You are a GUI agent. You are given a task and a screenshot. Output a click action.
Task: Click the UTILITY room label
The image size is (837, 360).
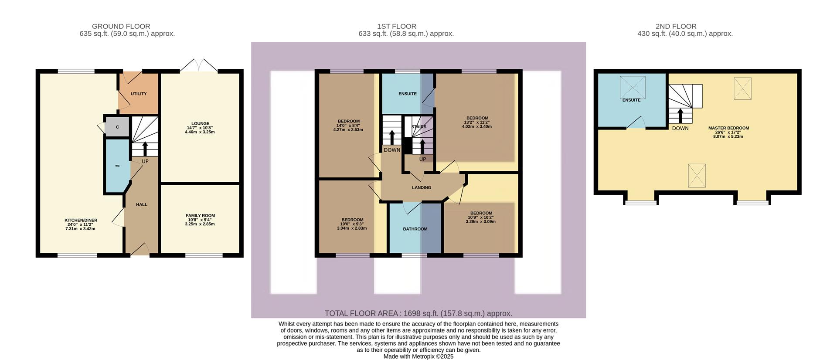(x=139, y=94)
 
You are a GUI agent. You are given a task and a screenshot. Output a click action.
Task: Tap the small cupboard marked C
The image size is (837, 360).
(x=117, y=127)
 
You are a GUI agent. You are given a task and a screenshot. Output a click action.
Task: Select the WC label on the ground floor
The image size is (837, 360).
(x=117, y=166)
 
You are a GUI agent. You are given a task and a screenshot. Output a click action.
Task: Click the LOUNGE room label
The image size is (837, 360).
(x=200, y=123)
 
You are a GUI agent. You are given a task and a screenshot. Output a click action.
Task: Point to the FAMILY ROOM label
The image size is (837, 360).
(x=200, y=215)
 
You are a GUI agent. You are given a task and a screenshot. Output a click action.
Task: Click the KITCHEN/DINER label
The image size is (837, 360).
(x=81, y=220)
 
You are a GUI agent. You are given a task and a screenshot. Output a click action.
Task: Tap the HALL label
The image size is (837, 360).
(x=141, y=204)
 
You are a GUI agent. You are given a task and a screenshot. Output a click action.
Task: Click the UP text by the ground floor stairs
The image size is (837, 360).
(x=145, y=161)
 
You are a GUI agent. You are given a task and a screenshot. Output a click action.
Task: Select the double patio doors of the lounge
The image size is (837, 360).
(x=199, y=66)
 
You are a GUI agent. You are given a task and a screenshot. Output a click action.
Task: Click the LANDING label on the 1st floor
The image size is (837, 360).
(x=421, y=187)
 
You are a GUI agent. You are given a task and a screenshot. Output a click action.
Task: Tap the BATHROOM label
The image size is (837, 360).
(x=415, y=229)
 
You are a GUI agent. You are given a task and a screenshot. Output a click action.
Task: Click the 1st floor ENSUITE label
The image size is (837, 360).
(x=407, y=94)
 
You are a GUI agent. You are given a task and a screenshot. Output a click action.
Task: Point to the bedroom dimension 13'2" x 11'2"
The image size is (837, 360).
(x=477, y=122)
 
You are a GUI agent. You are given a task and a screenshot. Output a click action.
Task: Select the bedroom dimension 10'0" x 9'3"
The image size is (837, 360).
(x=352, y=224)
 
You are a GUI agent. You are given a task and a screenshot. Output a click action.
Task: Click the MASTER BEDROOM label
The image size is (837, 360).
(x=728, y=128)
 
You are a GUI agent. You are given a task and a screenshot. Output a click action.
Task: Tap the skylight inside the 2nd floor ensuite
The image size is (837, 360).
(x=632, y=87)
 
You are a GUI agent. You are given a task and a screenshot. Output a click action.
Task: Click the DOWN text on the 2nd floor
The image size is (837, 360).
(x=680, y=128)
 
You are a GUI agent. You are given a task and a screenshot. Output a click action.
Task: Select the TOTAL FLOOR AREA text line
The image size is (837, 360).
(x=418, y=313)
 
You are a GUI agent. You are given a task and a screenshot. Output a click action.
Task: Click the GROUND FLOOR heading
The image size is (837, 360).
(x=121, y=26)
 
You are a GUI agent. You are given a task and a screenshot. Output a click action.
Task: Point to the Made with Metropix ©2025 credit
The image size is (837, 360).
(x=418, y=357)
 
